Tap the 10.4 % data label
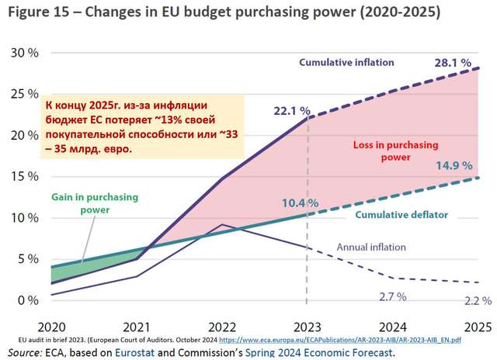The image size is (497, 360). (299, 203)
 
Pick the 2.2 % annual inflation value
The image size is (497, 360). (476, 299)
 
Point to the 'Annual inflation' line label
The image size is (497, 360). (372, 247)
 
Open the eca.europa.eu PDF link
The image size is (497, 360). (342, 339)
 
